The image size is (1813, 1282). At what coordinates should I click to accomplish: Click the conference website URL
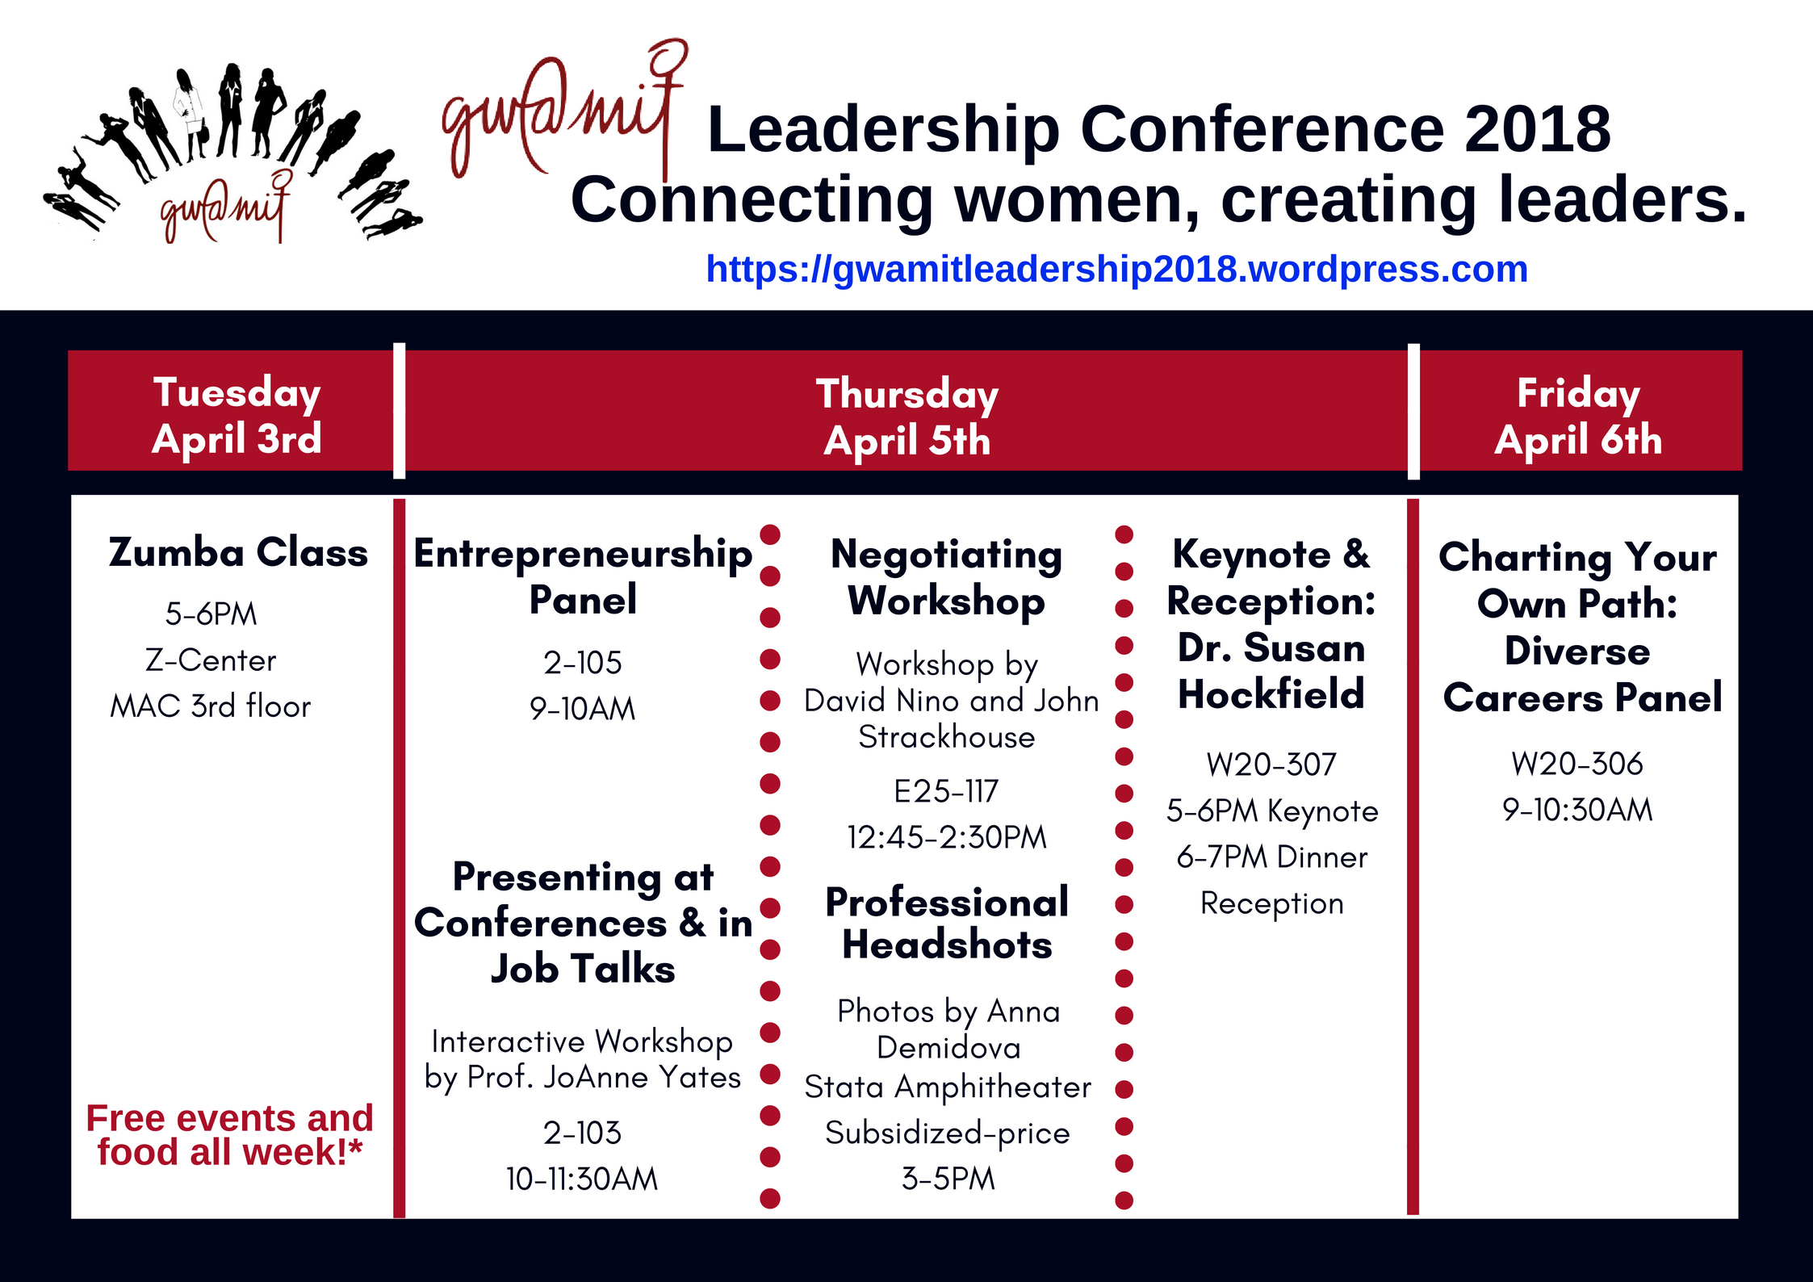pos(1116,269)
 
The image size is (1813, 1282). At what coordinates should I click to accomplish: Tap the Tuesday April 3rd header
pos(237,415)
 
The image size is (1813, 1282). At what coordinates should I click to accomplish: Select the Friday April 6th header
pos(1578,416)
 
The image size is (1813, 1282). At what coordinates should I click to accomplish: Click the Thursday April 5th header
pos(907,417)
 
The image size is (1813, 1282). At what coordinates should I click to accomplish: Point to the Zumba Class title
pos(238,553)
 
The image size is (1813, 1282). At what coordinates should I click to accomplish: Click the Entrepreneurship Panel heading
pos(583,576)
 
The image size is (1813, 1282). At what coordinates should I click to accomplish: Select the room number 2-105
pos(583,663)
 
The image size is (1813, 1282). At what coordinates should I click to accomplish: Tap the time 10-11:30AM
pos(582,1179)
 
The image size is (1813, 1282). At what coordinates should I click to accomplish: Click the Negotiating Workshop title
pos(946,577)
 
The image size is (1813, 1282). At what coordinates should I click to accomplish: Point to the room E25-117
pos(946,791)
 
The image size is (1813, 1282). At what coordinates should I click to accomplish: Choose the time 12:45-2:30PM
pos(946,837)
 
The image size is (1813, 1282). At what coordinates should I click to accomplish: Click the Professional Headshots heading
pos(947,924)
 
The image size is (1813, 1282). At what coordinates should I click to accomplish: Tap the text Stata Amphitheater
pos(948,1087)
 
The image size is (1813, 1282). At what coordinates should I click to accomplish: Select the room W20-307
pos(1271,765)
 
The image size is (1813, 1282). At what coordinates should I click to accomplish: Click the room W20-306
pos(1577,764)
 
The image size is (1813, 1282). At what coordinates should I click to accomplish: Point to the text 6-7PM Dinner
pos(1272,857)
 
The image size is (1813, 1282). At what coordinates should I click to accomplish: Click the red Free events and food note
pos(230,1135)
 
